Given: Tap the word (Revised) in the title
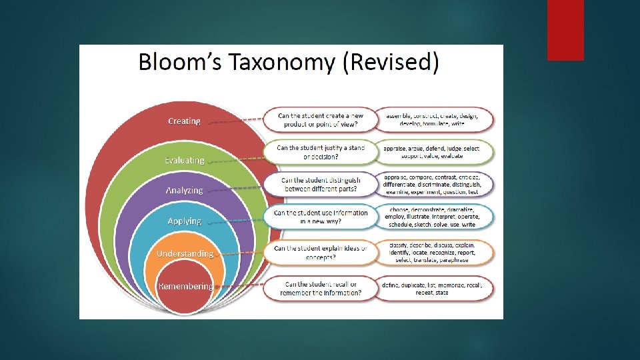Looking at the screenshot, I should tap(390, 62).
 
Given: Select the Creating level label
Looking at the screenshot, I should tap(184, 121).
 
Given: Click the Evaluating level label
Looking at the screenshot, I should tap(185, 160).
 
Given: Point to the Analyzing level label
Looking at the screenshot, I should tap(184, 190).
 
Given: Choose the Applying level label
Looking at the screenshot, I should tap(185, 221).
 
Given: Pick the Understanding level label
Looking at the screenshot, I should tap(185, 253).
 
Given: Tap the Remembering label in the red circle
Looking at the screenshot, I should tap(185, 286).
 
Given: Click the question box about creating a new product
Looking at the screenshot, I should tap(317, 120).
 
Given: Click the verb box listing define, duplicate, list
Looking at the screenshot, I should tap(435, 289).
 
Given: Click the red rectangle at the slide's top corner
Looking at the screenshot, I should tap(565, 30).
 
